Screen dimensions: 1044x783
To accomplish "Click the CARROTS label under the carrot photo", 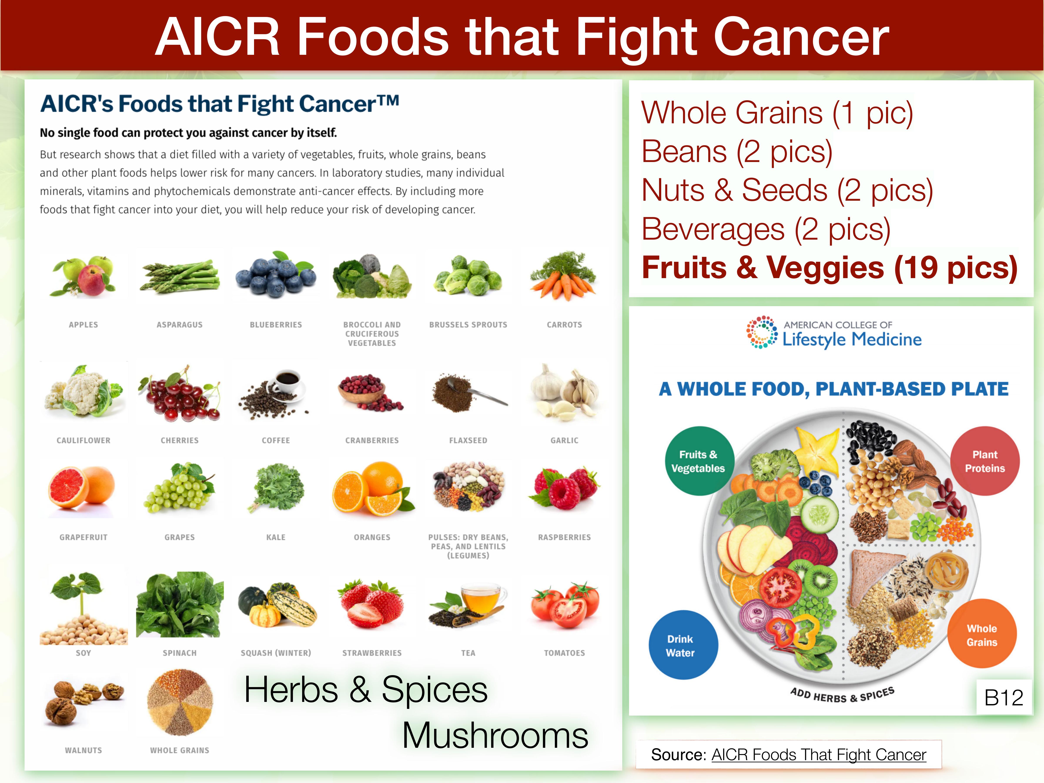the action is (564, 325).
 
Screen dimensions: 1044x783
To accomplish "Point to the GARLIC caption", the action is (564, 440).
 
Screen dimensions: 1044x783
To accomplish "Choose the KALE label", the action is (276, 537).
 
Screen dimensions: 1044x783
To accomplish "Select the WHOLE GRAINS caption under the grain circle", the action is (180, 750).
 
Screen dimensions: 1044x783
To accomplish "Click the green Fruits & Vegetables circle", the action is (699, 461).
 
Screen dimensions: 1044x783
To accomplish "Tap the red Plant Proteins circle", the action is (985, 461).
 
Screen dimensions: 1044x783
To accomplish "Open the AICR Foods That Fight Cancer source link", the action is (819, 755).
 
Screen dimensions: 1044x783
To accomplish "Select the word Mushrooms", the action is (495, 735).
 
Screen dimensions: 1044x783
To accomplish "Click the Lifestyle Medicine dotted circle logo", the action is (761, 332).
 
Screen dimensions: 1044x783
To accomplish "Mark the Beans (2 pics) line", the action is (737, 152).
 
